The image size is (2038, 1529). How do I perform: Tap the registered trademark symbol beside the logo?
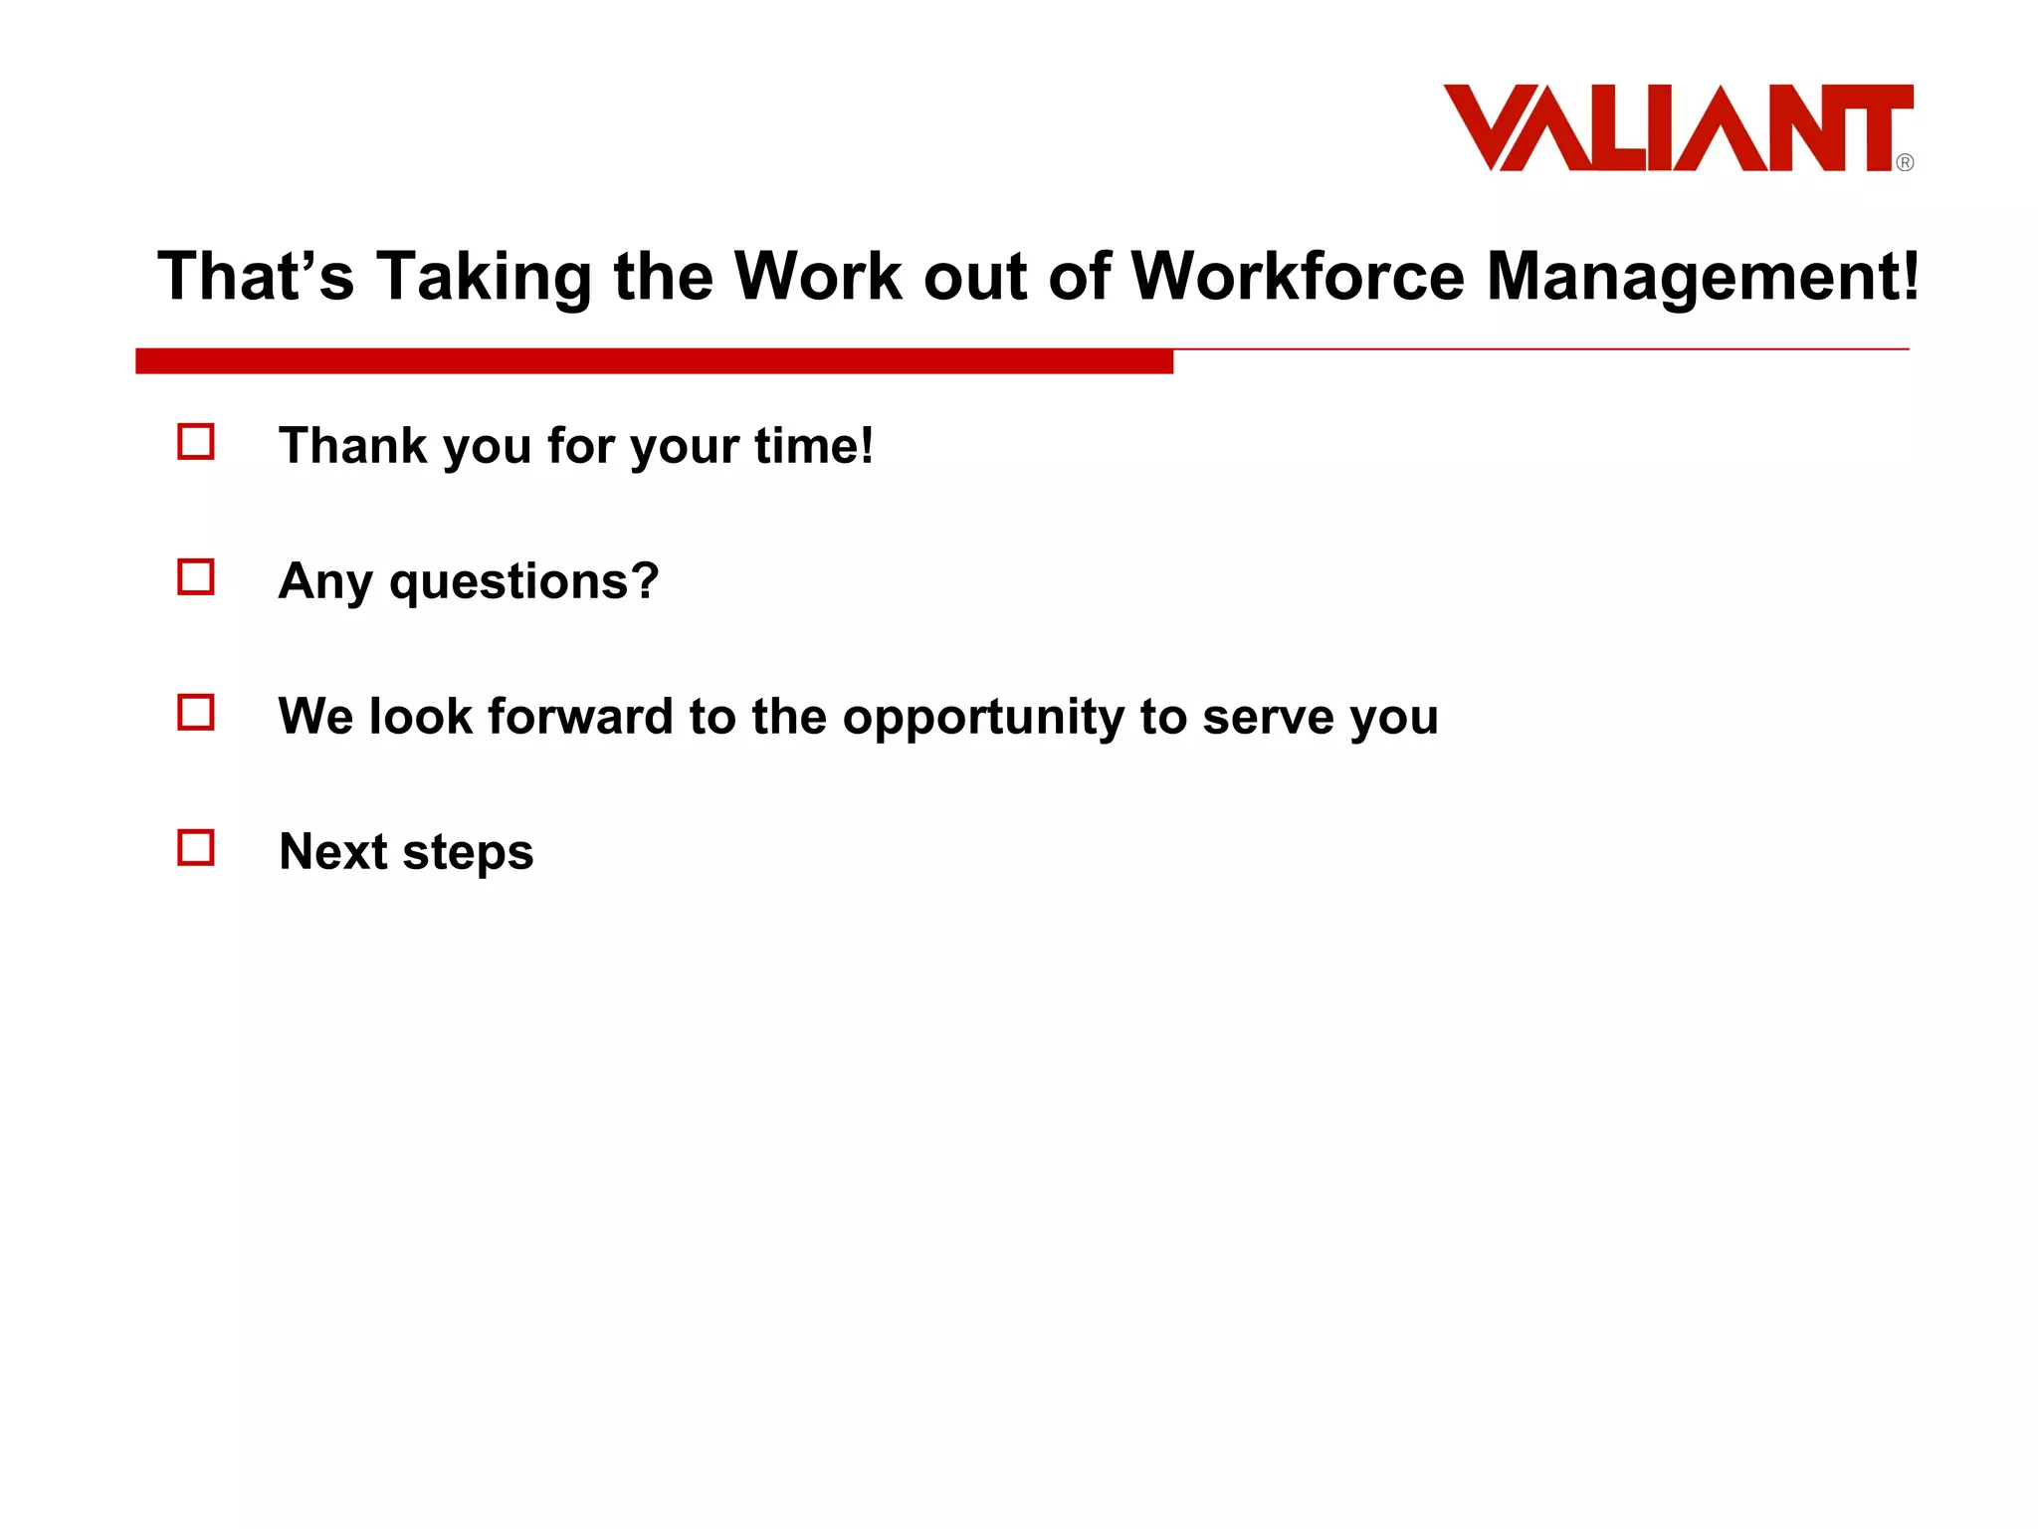pos(1905,162)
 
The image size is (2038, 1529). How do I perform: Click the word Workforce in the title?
pos(1298,276)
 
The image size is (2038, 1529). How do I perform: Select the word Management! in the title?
pos(1703,276)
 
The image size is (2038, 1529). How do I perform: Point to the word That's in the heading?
pos(256,276)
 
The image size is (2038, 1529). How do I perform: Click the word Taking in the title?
pos(484,276)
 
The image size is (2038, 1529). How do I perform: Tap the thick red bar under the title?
pos(654,361)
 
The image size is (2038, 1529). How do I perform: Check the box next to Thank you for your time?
pos(196,442)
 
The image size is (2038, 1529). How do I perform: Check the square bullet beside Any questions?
pos(196,577)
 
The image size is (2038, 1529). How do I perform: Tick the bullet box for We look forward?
pos(196,713)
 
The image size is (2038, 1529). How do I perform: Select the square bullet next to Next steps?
pos(196,848)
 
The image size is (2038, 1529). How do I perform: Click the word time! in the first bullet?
pos(814,445)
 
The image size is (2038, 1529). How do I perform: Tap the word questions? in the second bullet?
pos(524,581)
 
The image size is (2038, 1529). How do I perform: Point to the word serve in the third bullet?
pos(1268,717)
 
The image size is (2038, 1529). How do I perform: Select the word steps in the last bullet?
pos(468,853)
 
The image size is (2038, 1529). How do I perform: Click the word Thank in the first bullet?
pos(352,445)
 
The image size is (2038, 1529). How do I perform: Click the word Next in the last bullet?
pos(333,852)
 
